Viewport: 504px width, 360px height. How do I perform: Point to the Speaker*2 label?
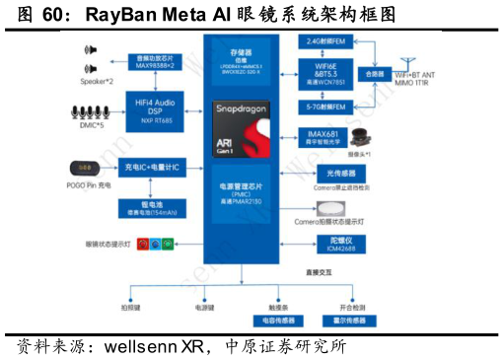(97, 81)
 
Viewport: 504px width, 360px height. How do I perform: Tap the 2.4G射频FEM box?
(324, 41)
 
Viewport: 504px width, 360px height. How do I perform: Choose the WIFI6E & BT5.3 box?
(324, 73)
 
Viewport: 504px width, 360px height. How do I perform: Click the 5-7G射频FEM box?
(324, 105)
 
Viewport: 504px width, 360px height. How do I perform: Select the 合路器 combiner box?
(374, 73)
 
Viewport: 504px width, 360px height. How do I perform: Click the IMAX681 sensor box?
(324, 137)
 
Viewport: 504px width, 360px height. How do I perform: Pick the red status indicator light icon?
(141, 243)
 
